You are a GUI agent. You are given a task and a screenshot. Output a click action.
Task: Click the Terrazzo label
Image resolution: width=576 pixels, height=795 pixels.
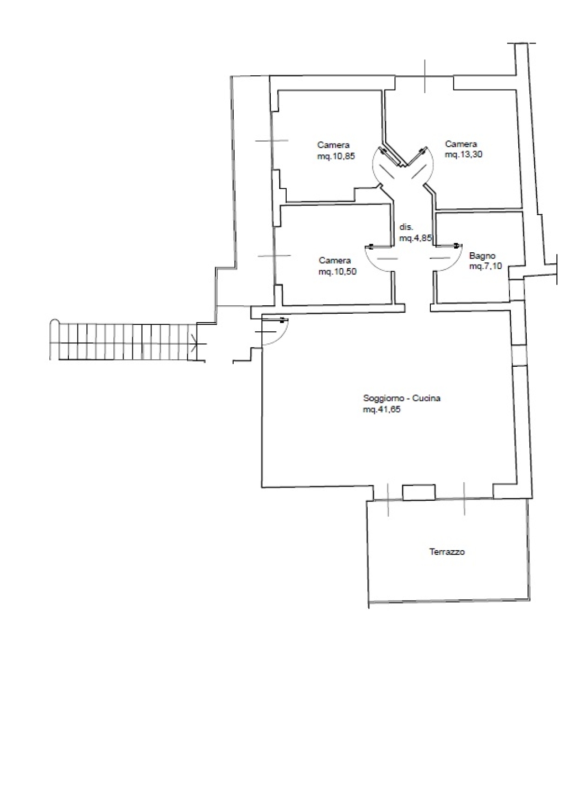447,552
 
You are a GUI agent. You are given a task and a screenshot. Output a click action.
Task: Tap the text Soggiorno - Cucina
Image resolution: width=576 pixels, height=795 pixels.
402,398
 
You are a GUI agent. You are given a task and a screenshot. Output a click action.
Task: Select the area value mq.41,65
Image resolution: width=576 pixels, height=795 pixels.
382,410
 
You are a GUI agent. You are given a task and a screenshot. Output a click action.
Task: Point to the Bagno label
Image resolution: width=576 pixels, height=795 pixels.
482,255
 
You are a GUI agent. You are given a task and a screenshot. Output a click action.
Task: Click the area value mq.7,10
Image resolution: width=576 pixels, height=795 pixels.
485,266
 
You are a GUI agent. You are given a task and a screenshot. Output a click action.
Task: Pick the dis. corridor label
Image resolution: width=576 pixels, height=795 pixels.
406,227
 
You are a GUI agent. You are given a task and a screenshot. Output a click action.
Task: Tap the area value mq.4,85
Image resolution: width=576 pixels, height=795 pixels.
415,238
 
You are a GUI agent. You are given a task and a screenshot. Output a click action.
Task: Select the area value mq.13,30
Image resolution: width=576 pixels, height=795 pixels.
464,155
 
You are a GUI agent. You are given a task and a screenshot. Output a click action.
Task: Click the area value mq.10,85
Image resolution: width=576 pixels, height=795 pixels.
336,156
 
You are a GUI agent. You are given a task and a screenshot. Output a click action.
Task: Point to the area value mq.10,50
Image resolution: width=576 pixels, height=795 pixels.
338,272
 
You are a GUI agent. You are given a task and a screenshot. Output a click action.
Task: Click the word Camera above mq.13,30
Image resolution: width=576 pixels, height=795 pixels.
461,144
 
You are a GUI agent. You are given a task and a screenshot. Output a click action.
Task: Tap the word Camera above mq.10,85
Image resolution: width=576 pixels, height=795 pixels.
333,145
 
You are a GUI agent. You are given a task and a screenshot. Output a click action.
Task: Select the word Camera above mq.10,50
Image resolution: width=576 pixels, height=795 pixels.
335,261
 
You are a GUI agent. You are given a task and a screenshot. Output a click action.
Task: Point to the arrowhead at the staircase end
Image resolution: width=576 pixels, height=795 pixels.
194,343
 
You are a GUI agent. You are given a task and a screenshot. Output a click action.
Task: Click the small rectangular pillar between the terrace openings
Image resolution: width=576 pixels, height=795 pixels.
419,492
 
